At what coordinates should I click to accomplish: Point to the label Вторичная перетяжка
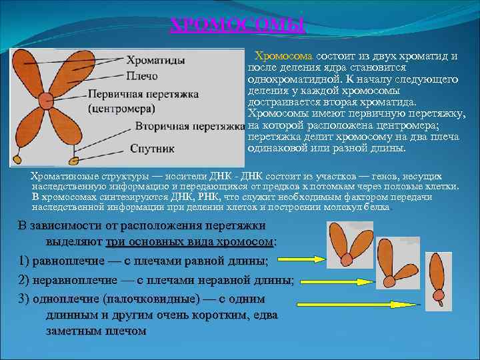(189, 125)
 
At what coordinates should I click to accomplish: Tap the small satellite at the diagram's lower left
(18, 160)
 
